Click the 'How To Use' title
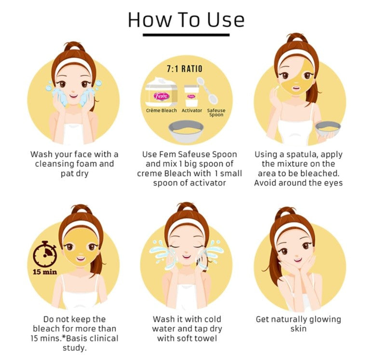click(x=186, y=20)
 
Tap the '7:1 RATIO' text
click(x=185, y=69)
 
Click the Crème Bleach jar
click(x=161, y=92)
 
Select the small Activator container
click(x=191, y=96)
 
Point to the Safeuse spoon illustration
click(x=208, y=91)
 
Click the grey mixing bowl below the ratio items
click(x=186, y=131)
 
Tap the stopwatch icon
click(x=45, y=254)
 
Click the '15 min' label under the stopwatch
click(x=45, y=272)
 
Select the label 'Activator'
click(x=192, y=110)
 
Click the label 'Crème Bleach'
click(x=161, y=110)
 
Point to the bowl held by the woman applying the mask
click(x=328, y=129)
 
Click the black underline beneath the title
click(x=186, y=35)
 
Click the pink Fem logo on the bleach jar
click(x=161, y=96)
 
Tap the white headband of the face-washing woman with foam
click(x=73, y=63)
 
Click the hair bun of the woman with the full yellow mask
click(x=81, y=209)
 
